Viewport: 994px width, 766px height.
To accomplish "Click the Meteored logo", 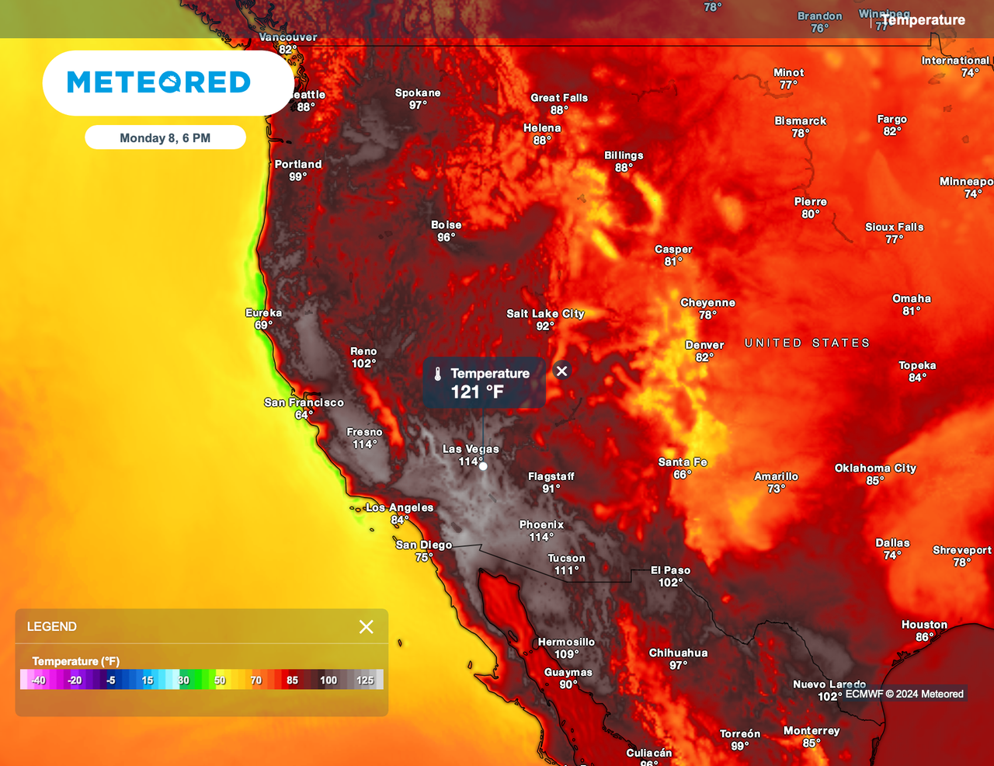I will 159,82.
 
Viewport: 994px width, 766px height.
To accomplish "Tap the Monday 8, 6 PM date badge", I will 165,138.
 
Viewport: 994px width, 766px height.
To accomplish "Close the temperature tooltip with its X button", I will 562,371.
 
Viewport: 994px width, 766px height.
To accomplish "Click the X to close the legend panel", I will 367,627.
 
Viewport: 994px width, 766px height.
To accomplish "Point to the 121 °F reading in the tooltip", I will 478,392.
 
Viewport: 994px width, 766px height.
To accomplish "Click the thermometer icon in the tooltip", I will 438,374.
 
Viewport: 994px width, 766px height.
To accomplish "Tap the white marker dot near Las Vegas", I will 483,466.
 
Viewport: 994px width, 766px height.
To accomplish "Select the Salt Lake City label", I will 545,314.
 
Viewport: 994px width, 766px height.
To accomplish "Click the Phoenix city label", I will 541,525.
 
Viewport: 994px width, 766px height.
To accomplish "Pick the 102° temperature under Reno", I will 363,364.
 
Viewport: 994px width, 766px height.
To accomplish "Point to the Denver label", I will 704,345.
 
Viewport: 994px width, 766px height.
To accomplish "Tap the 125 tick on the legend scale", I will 365,681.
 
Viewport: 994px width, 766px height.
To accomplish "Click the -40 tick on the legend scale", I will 38,681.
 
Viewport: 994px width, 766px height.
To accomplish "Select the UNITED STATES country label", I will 807,343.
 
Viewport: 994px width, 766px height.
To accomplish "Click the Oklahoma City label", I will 875,468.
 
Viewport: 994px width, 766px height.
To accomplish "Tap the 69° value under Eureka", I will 263,325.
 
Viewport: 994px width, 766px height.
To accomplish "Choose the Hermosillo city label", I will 566,642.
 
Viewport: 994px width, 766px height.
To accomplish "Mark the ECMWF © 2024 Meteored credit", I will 904,695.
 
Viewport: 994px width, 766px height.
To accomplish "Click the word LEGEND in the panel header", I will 52,627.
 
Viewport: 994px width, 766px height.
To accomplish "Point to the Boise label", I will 447,225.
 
